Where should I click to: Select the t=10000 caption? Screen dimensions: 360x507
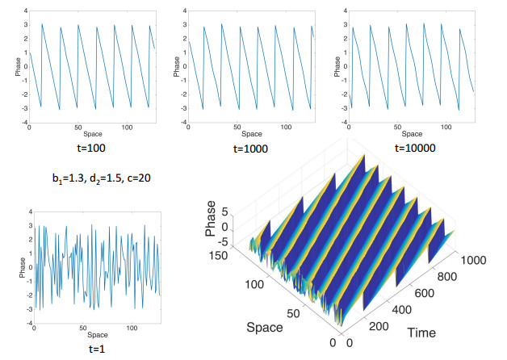(414, 149)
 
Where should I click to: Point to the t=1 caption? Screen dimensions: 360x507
(88, 348)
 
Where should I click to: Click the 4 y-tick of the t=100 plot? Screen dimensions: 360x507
(24, 10)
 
